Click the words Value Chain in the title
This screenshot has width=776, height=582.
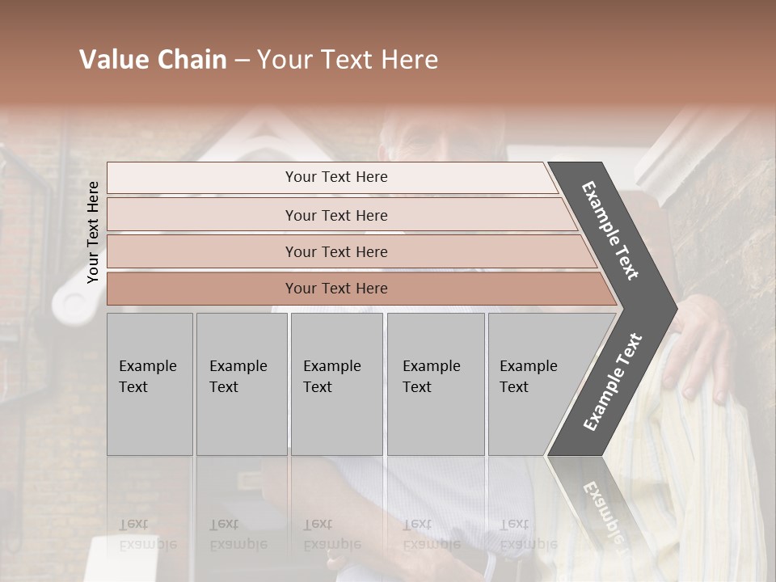pos(153,60)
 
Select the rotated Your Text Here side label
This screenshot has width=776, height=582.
pos(93,232)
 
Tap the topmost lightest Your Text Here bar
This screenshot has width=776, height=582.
pos(336,177)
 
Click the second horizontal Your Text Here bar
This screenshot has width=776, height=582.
pos(336,215)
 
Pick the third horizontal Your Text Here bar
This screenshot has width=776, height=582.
pos(336,251)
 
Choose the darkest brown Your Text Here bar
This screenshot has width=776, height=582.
pos(336,289)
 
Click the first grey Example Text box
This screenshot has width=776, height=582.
pos(150,384)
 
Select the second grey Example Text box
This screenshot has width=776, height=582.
pos(242,384)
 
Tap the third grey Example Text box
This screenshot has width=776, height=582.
pos(336,384)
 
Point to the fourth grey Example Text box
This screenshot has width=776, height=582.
pos(436,384)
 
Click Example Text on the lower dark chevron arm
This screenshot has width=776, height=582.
pos(612,382)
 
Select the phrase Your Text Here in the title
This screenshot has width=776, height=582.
pos(348,60)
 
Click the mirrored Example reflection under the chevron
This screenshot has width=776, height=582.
pos(603,509)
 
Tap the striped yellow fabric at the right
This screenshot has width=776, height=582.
pos(711,469)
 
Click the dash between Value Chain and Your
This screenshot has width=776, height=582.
pos(242,61)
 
